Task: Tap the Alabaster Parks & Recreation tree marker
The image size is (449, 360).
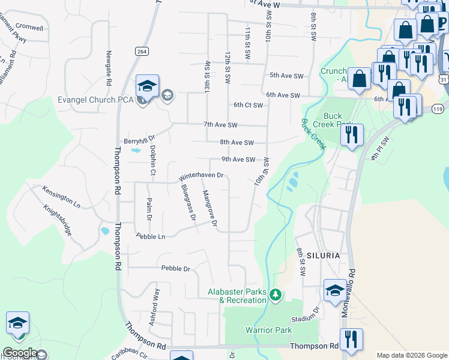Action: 276,295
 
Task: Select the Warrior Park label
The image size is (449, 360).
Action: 268,330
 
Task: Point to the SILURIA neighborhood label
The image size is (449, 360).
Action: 324,255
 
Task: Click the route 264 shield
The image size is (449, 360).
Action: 142,52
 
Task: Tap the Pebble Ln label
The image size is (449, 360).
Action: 150,236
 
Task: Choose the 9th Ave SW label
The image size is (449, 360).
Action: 238,159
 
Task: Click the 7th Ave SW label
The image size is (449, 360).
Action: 220,125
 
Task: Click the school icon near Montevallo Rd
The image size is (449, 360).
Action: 335,291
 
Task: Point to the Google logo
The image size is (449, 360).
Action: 20,353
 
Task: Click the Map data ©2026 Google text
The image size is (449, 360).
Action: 412,355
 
